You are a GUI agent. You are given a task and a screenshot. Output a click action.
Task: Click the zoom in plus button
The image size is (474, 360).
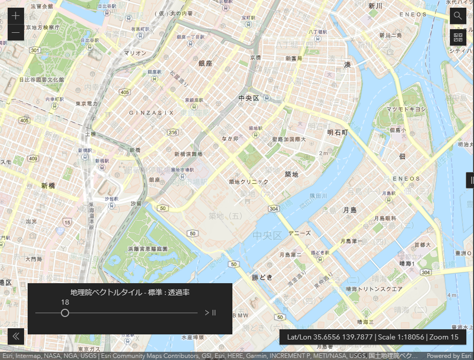pos(16,15)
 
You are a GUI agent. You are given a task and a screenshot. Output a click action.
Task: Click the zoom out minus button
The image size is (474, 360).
pos(16,33)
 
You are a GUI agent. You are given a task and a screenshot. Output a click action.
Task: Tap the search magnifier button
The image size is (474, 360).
pos(458,15)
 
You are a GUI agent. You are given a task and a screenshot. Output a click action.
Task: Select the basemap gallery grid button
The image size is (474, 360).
pos(458,37)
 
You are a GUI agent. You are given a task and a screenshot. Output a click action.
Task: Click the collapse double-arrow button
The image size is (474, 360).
pos(16,336)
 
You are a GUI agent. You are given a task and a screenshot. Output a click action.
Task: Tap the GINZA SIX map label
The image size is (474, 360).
pos(152,113)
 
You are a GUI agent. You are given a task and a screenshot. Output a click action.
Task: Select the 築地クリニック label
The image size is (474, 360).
pos(248,182)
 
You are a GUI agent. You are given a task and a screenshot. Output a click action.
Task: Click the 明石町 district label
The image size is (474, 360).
pos(337,132)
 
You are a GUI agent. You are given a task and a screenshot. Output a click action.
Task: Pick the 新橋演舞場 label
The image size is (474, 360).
pos(188,154)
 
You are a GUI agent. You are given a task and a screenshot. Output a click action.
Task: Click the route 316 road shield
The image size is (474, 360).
pos(173,133)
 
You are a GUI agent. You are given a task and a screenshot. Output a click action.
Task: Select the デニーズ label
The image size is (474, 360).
pos(299,233)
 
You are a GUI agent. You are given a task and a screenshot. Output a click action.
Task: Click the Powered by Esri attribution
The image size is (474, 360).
pos(449,356)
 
